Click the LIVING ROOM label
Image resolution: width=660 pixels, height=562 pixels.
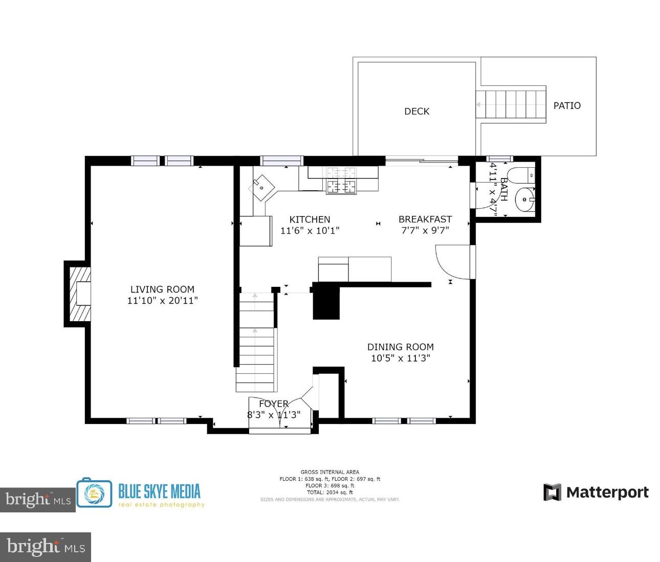(162, 289)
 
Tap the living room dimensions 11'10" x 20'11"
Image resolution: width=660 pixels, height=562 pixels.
(162, 301)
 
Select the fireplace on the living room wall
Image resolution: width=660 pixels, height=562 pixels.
(80, 294)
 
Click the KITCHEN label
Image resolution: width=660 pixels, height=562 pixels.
(310, 219)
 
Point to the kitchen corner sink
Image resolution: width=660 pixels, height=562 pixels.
(262, 187)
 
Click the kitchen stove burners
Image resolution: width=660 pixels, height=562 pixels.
(341, 181)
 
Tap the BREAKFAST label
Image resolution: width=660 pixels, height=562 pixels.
(425, 219)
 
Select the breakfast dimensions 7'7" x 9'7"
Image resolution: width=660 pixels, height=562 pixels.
(425, 230)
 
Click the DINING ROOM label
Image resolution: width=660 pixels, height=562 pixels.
(400, 347)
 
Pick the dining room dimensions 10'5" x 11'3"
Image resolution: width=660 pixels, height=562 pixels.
(400, 358)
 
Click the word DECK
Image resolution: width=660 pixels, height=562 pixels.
(416, 111)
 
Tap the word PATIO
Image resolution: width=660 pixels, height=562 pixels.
(567, 106)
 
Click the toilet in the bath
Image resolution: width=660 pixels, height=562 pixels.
(522, 175)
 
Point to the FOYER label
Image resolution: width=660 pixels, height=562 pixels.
(274, 404)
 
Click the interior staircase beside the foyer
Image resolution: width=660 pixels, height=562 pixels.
(256, 348)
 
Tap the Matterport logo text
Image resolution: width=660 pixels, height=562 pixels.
(607, 492)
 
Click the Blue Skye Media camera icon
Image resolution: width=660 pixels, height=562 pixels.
(94, 493)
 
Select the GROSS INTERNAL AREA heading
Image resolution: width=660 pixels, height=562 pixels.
(329, 472)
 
